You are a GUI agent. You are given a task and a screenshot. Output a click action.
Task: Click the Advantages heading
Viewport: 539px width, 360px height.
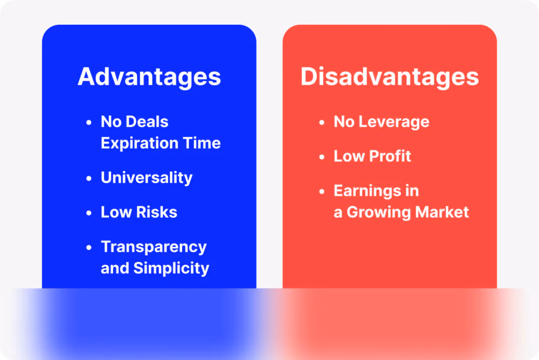(149, 77)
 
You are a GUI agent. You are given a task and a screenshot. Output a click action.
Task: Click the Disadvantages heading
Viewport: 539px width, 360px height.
(390, 77)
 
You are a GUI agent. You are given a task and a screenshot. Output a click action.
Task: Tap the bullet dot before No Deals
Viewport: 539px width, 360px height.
(89, 122)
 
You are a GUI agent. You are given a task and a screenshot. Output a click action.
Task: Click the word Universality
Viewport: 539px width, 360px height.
(147, 178)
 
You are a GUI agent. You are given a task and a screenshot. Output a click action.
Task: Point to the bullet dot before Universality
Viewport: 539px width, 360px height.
(89, 178)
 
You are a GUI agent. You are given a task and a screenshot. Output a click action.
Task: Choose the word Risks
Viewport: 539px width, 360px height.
(157, 212)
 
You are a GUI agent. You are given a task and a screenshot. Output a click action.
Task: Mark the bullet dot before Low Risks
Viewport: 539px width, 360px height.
(89, 213)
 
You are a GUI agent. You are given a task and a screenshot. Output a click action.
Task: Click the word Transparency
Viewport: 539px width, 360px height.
(154, 247)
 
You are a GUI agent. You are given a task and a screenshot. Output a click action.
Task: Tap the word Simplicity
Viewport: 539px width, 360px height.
(171, 268)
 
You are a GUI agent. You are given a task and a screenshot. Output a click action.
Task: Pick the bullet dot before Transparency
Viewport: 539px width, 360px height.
(89, 247)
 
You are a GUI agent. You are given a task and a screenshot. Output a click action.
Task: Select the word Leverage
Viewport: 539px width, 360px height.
(394, 122)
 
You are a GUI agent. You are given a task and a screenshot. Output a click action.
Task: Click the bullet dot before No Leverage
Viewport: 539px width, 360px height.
(322, 122)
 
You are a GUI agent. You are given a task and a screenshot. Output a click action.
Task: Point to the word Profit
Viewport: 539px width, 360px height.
(390, 156)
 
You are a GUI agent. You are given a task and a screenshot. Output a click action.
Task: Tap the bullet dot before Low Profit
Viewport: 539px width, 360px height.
(322, 157)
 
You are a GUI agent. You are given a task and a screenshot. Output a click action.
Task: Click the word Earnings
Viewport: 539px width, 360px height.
(367, 191)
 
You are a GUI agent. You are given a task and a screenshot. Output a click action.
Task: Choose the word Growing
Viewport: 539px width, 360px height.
(379, 212)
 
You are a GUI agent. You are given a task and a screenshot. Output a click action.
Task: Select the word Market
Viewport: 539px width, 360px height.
(442, 212)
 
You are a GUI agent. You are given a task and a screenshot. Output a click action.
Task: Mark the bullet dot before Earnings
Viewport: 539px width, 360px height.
(322, 191)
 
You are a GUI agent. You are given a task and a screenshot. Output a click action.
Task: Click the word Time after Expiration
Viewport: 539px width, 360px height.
(202, 143)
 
